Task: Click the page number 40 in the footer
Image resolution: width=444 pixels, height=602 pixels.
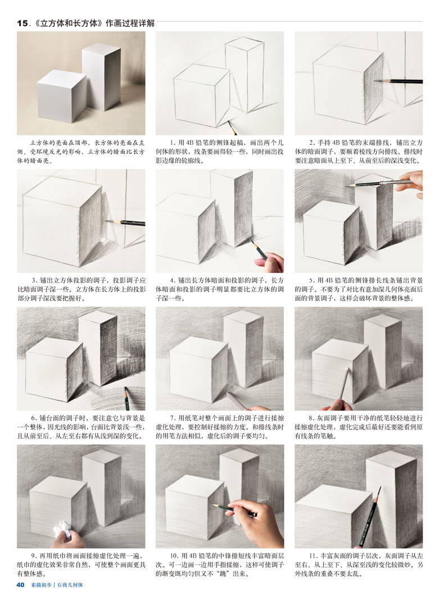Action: click(x=21, y=585)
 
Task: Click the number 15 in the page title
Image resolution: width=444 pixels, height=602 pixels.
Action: click(x=22, y=23)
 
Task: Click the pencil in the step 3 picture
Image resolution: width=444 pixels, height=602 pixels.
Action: click(x=125, y=222)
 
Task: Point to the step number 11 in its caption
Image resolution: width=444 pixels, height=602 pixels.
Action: click(x=312, y=555)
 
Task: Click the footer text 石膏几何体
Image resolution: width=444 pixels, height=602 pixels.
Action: click(x=70, y=585)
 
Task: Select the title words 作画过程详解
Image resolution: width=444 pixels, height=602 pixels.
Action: click(x=130, y=23)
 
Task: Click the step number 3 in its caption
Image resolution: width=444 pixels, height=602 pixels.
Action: click(x=34, y=280)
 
